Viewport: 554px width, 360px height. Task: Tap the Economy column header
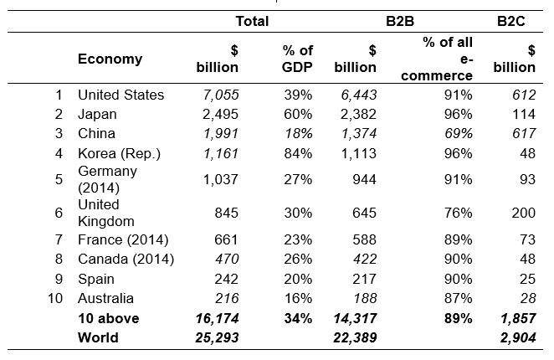tap(110, 59)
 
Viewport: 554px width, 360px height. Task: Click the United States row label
tap(121, 95)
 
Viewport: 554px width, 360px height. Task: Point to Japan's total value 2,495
tap(219, 114)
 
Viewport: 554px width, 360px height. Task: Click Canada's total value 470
tap(224, 260)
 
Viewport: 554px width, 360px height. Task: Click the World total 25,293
tap(215, 338)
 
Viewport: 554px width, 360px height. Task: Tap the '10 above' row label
tap(108, 318)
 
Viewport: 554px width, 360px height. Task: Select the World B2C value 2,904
tap(517, 338)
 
